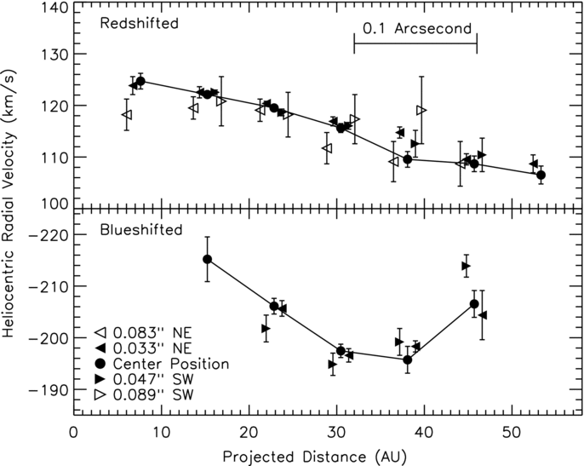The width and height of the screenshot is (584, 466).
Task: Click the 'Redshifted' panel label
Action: (139, 24)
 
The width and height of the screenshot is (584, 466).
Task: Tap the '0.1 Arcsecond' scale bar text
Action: (416, 28)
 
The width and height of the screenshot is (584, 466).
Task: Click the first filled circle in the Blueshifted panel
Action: (207, 259)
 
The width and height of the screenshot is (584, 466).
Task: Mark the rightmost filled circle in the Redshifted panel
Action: (541, 175)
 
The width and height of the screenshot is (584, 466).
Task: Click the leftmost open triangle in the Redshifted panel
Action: (127, 115)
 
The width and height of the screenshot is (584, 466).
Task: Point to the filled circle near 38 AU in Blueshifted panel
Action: (408, 360)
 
